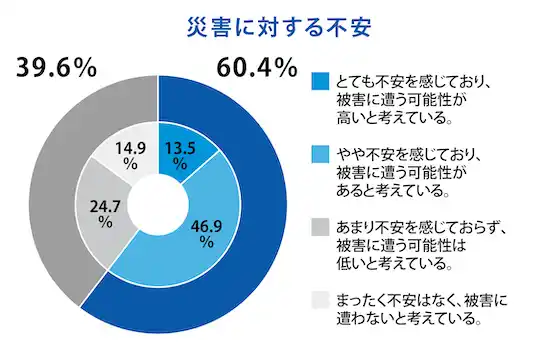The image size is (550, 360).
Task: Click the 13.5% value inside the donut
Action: pos(181,150)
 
